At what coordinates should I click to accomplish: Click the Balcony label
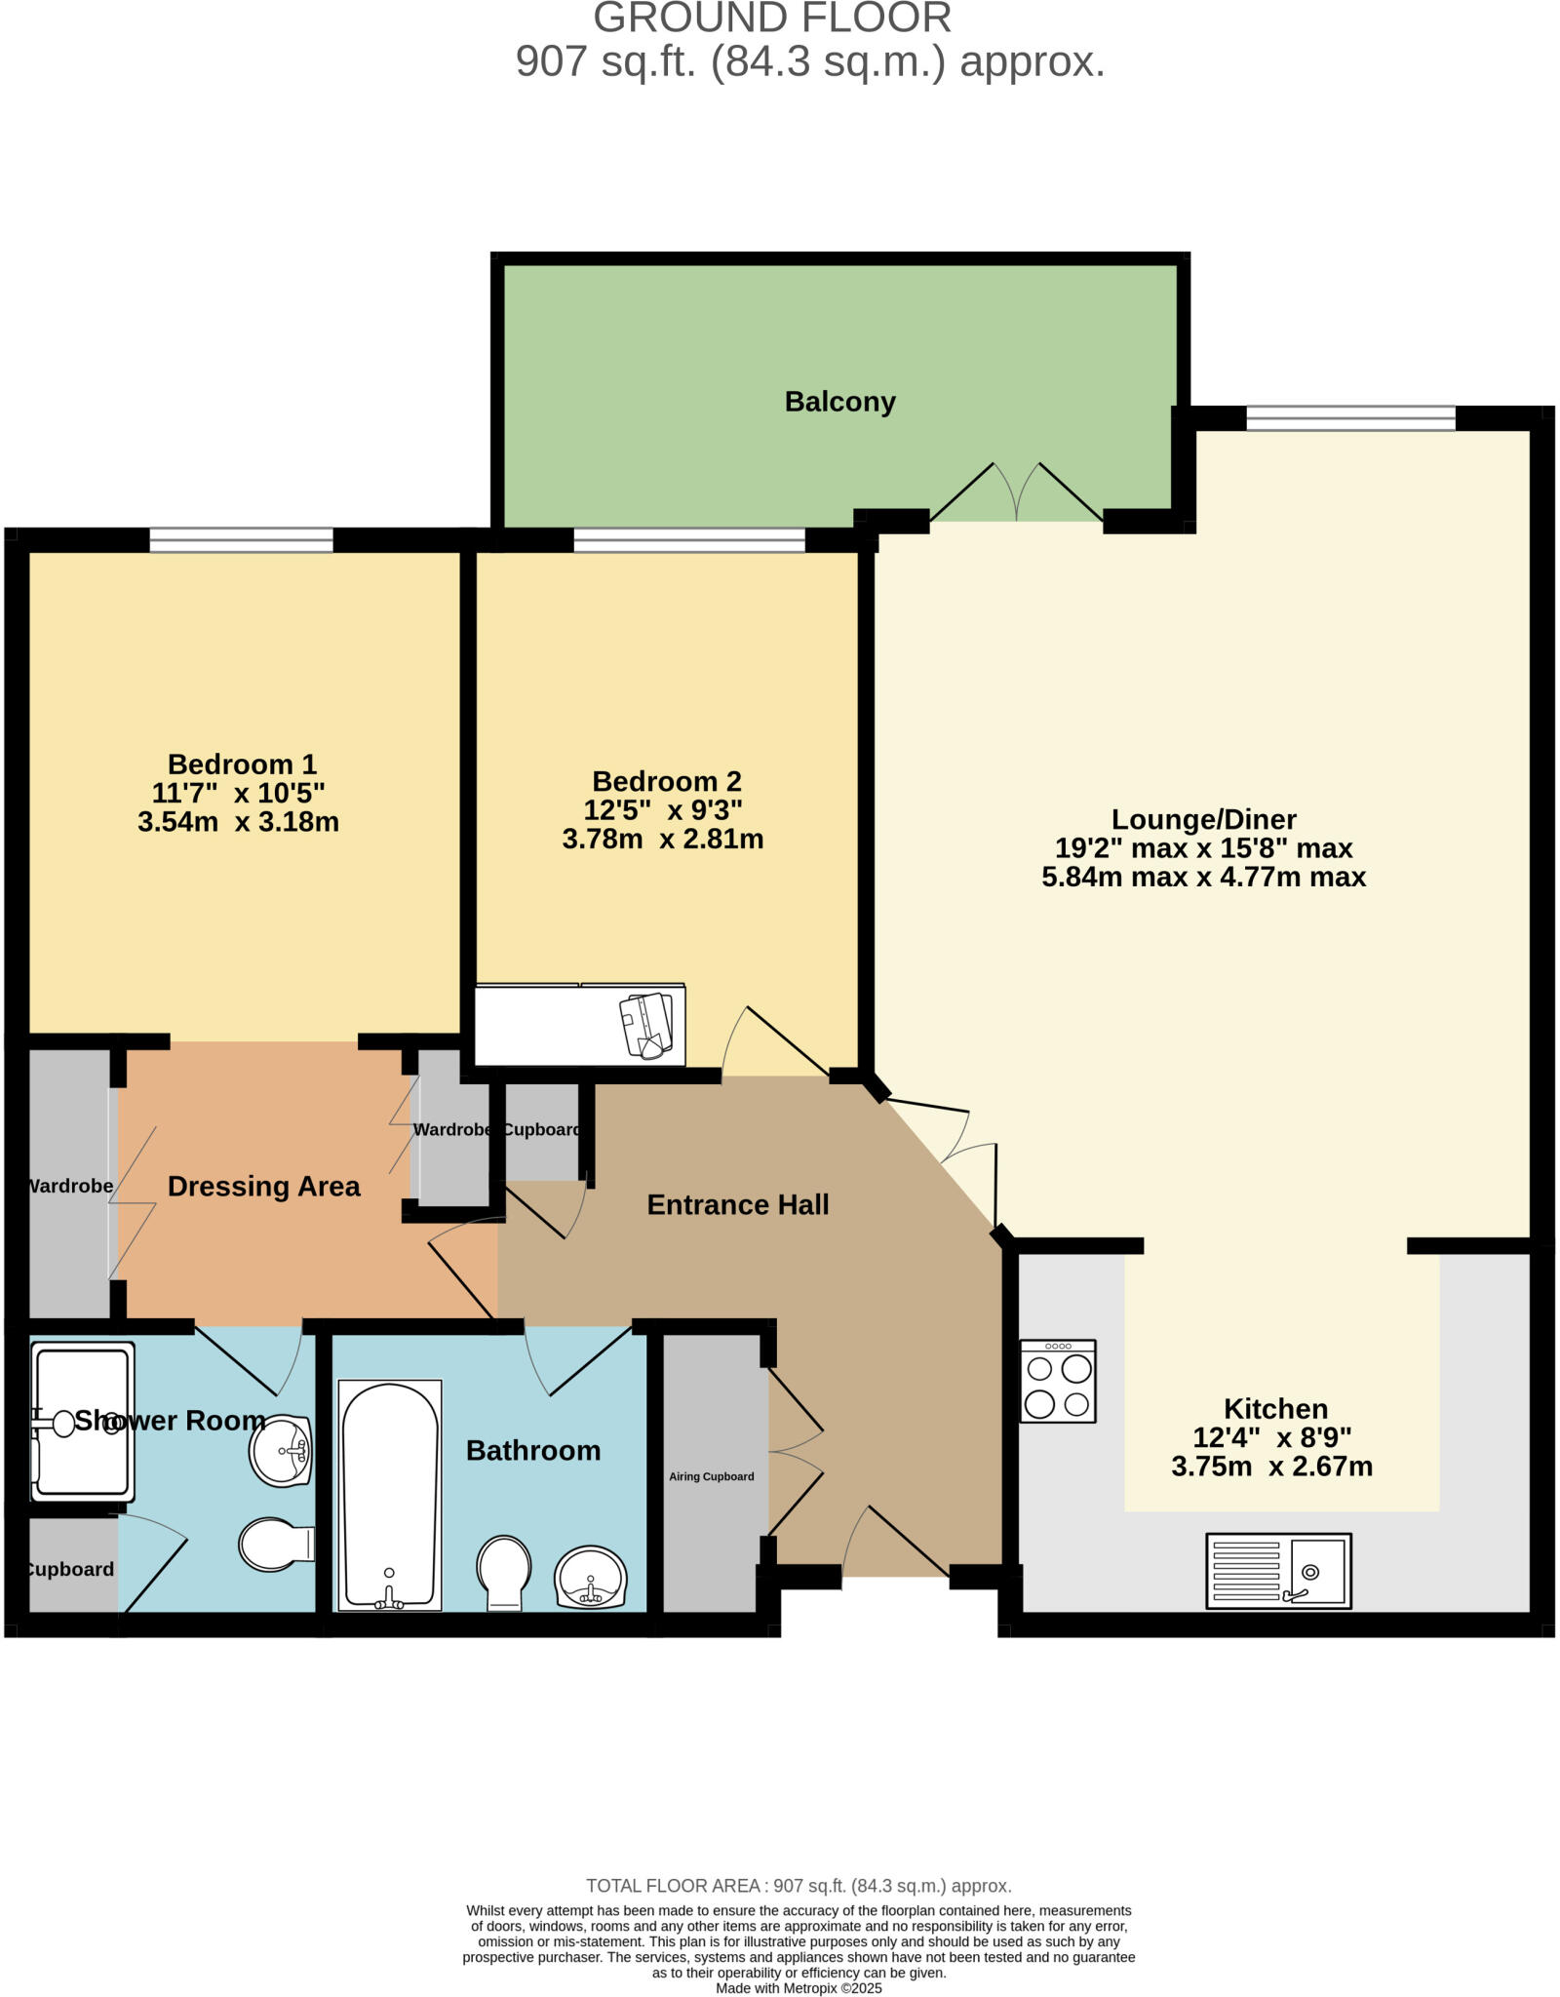tap(839, 402)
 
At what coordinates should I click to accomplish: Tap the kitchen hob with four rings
tap(1058, 1380)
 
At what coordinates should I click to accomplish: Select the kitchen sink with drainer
tap(1277, 1571)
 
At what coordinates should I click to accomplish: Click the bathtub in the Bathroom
tap(390, 1495)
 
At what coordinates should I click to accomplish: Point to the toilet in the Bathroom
tap(503, 1572)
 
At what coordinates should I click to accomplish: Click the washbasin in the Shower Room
tap(281, 1450)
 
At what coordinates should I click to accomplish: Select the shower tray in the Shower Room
tap(82, 1422)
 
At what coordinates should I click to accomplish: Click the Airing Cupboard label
tap(711, 1476)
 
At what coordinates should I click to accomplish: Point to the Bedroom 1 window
tap(241, 539)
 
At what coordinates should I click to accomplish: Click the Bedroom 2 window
tap(689, 539)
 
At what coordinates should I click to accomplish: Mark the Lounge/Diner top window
tap(1350, 417)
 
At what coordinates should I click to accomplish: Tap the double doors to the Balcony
tap(1017, 493)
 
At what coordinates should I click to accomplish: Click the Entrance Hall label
tap(737, 1205)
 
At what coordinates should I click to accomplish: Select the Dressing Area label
tap(263, 1187)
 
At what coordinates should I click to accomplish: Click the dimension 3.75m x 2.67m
tap(1271, 1467)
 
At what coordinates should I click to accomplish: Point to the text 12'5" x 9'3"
tap(662, 810)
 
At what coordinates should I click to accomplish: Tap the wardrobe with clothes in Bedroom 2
tap(580, 1026)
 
